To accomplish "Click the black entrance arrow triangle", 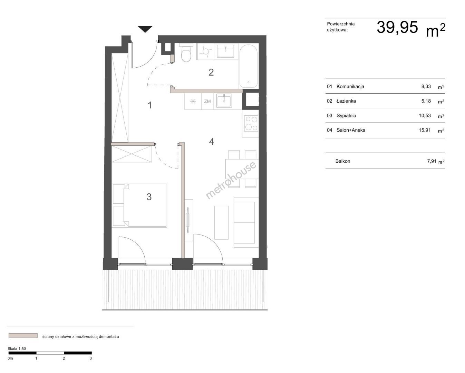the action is pos(145,29).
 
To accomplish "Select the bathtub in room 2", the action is pos(249,66).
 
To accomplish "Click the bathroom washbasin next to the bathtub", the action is pos(225,51).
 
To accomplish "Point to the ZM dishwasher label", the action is pos(207,101).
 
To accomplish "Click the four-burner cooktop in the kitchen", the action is pos(251,123).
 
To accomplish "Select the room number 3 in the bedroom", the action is pos(149,197).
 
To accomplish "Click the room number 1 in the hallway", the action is pos(150,105).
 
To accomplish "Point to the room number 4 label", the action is pos(212,142).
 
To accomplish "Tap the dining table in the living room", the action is pos(242,169).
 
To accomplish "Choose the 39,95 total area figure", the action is pos(397,28).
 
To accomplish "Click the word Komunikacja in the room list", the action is pos(350,86).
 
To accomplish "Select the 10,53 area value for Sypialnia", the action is pos(425,115).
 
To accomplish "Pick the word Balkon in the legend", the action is pos(343,161).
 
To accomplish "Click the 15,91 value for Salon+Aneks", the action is pos(425,130).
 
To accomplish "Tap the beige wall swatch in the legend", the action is pos(23,335).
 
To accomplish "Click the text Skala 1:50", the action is pos(17,348).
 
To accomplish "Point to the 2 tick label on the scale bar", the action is pos(64,358).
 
